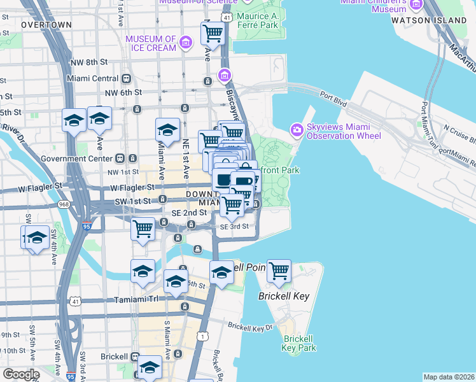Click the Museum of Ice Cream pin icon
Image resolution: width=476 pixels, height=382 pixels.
(x=186, y=43)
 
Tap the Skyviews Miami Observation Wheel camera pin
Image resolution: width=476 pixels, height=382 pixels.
(x=297, y=131)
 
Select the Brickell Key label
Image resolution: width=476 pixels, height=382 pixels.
(x=279, y=296)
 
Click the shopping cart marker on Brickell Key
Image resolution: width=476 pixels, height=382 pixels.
(x=279, y=271)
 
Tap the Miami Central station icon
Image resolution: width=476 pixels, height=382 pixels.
(x=127, y=78)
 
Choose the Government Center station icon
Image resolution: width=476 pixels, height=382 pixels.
(x=120, y=158)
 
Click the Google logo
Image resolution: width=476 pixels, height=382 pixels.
(x=21, y=374)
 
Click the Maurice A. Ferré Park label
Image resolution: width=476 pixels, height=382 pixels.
(x=257, y=20)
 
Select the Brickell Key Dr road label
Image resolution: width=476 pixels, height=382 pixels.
(x=250, y=327)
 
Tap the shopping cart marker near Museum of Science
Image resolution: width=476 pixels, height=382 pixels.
(x=213, y=32)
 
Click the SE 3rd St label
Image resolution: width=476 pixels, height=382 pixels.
(x=234, y=227)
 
